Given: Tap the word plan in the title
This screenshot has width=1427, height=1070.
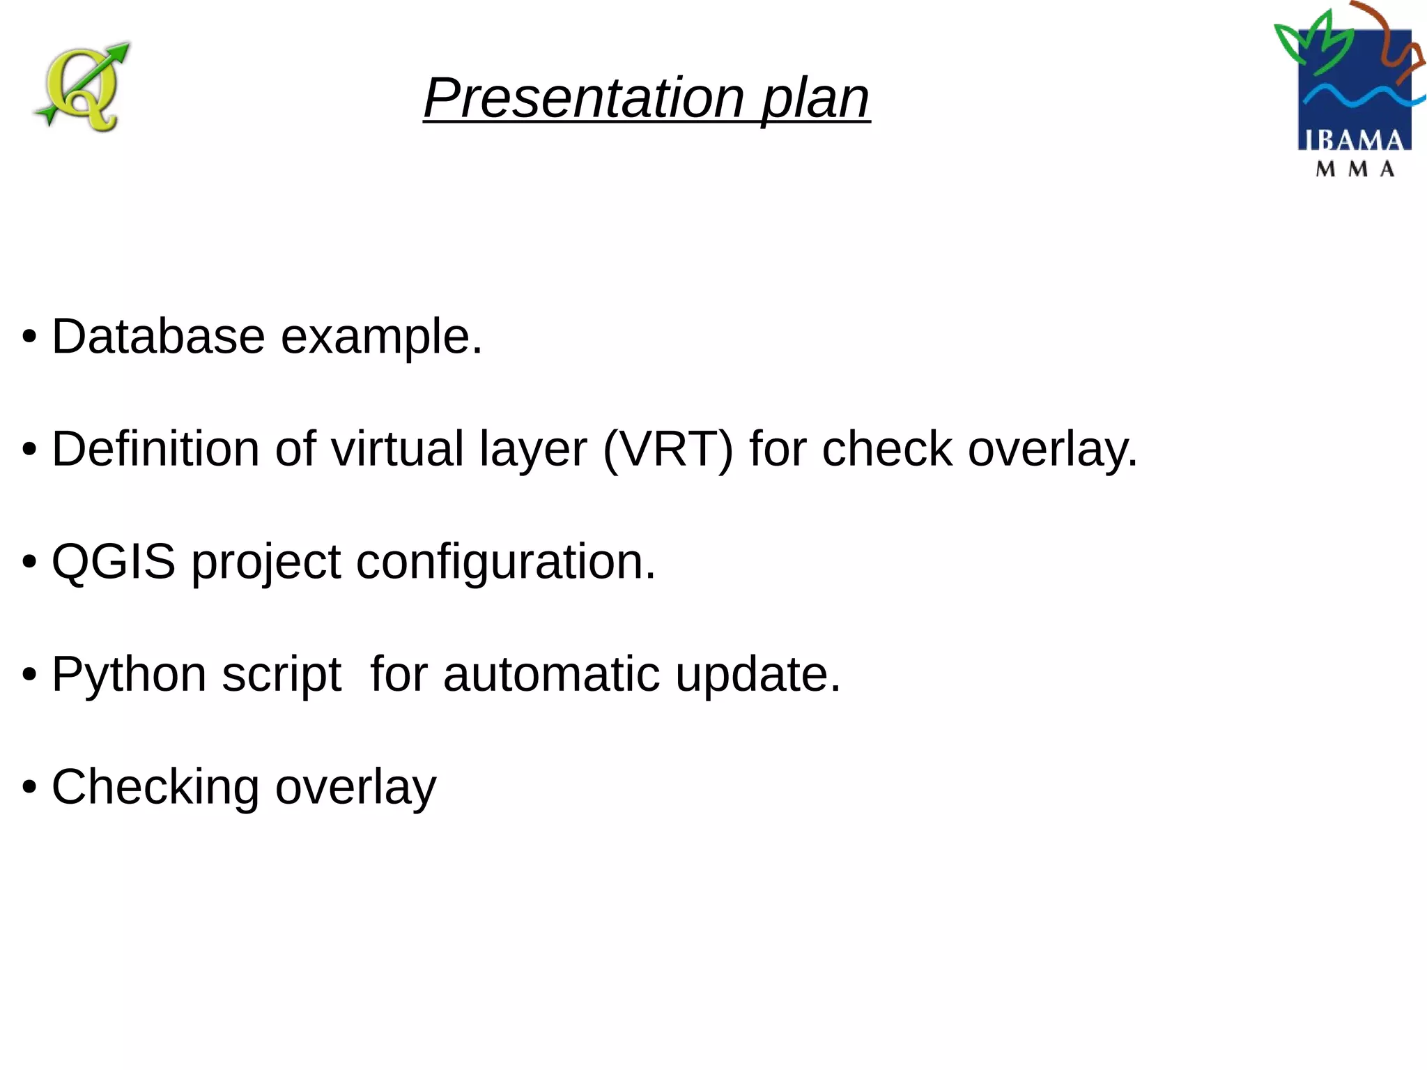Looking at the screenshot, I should pos(815,99).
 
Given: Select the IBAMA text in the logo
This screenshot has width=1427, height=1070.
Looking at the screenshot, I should pos(1354,140).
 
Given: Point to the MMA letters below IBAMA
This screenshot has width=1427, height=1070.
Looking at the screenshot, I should pos(1355,169).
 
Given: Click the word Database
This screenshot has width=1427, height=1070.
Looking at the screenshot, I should pos(158,336).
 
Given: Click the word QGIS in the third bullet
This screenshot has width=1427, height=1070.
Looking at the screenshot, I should pos(114,561).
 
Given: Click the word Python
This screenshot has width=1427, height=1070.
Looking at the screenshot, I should pos(129,675).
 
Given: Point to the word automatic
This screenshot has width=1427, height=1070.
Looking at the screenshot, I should pos(551,674).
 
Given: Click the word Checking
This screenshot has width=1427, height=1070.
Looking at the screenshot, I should pos(155,788).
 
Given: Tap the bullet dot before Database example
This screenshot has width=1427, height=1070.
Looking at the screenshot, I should pos(29,337).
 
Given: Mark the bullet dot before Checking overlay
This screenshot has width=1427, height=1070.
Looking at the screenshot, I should pos(29,788).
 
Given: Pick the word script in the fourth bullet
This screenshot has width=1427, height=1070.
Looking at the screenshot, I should pos(281,675).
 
